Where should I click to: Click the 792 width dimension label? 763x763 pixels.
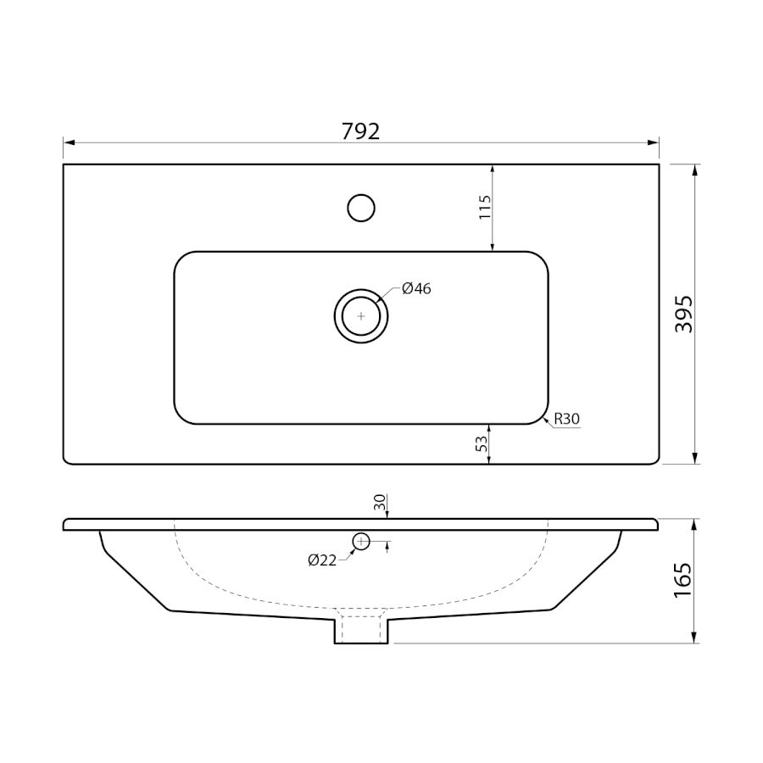click(360, 131)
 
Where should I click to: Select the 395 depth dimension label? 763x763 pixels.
click(683, 314)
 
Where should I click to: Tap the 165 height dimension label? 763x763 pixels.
click(682, 581)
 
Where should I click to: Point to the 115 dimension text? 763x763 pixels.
click(485, 208)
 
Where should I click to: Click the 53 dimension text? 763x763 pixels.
click(482, 443)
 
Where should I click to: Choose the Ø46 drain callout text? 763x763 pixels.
click(416, 288)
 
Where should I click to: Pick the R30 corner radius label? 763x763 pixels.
click(567, 419)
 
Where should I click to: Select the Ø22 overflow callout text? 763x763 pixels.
click(322, 560)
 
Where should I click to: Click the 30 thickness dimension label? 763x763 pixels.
click(380, 502)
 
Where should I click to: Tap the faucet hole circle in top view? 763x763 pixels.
click(361, 209)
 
